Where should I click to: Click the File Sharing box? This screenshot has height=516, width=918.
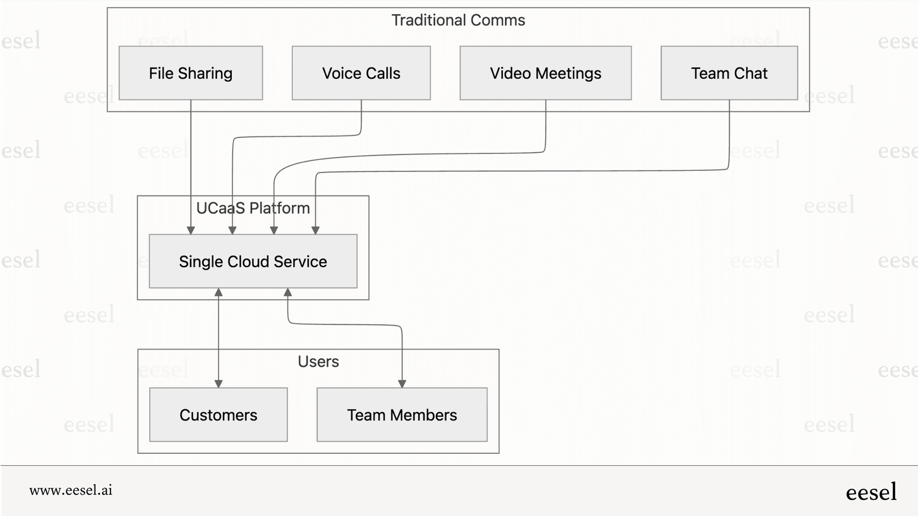click(x=191, y=73)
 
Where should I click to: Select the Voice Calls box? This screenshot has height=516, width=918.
click(x=361, y=73)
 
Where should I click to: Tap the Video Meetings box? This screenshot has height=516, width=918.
click(x=545, y=73)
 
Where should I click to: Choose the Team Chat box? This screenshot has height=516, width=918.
click(x=729, y=73)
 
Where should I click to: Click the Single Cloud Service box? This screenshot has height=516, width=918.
click(x=253, y=262)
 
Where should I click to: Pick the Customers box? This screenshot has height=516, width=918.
click(x=218, y=415)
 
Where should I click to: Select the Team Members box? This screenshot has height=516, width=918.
click(x=402, y=415)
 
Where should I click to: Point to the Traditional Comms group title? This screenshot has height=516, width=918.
click(x=458, y=20)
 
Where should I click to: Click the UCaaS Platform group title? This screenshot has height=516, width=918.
click(x=253, y=208)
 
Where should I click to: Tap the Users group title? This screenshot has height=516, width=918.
click(x=318, y=361)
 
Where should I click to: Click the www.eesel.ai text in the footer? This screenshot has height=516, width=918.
click(x=71, y=490)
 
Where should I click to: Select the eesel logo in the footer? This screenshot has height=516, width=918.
click(x=871, y=492)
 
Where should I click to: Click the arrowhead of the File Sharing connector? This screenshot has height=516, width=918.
click(x=191, y=230)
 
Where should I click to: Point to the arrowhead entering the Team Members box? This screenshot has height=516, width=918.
click(x=402, y=384)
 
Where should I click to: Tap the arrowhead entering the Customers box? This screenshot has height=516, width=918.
click(x=219, y=384)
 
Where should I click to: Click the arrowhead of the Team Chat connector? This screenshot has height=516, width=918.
click(x=315, y=230)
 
